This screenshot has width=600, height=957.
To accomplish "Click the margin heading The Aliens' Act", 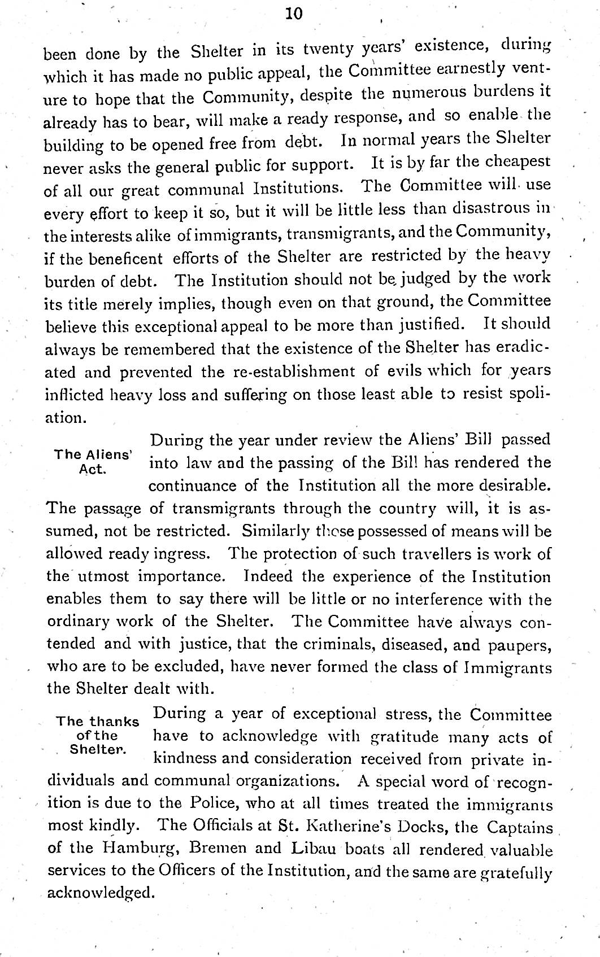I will click(x=93, y=461).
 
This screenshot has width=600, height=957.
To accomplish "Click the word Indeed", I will click(x=268, y=576).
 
